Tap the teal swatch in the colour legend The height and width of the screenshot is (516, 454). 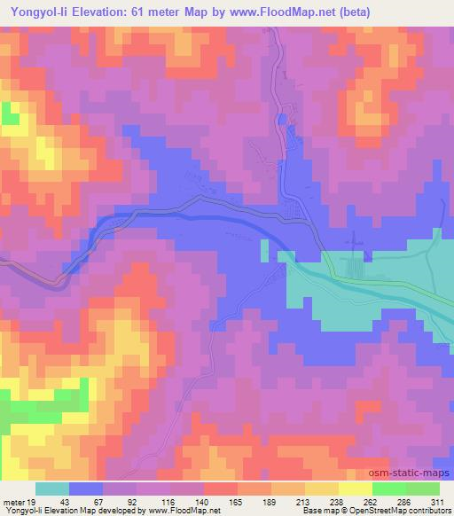[52, 489]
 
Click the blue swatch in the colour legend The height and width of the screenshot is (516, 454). [86, 489]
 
